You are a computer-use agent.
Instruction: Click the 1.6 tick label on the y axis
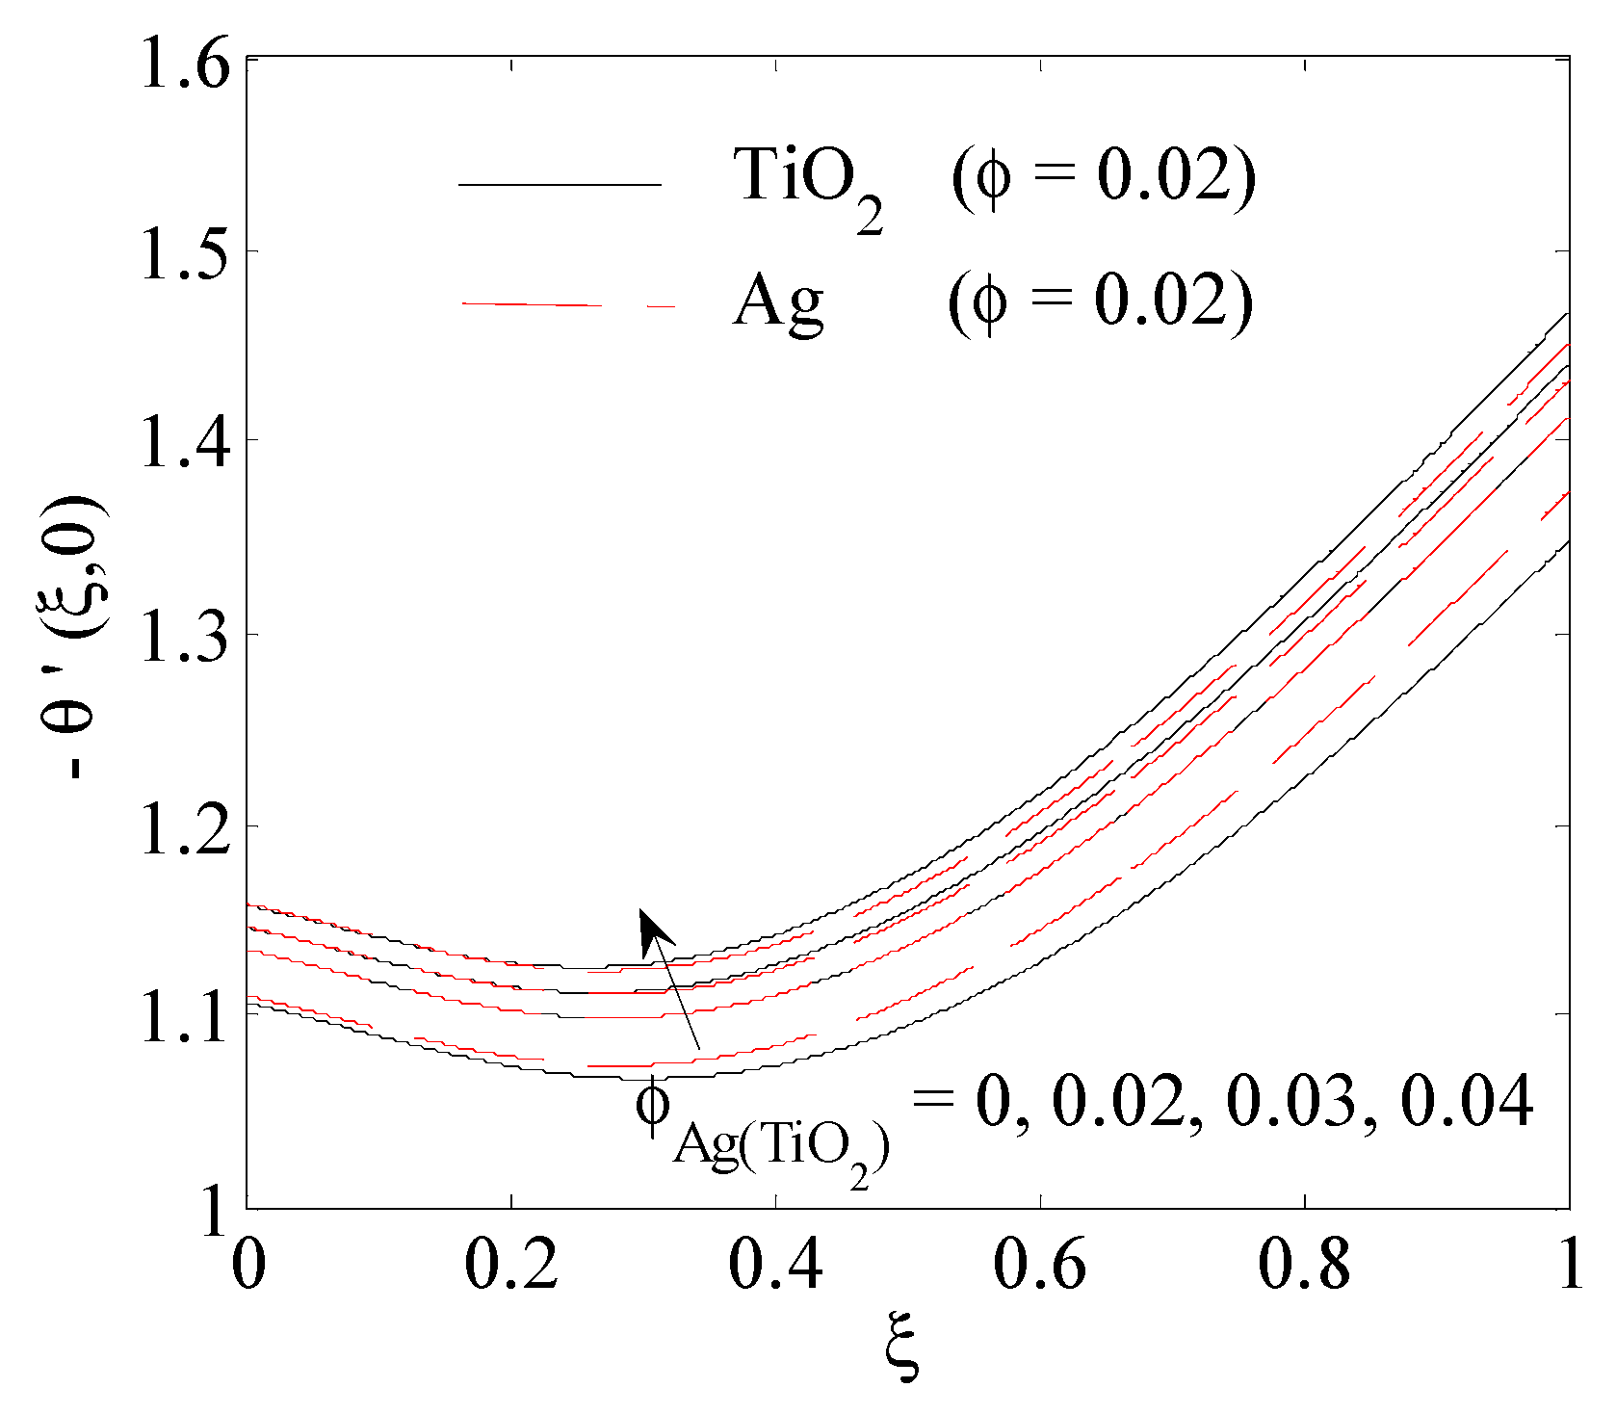(186, 67)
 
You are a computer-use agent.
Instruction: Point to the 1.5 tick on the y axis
(186, 255)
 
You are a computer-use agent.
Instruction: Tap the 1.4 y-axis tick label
(186, 444)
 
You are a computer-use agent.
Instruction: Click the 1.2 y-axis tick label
(186, 828)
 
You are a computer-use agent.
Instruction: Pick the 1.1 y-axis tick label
(186, 1018)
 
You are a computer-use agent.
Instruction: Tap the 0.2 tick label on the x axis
(511, 1264)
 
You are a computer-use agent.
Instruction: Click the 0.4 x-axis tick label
(775, 1264)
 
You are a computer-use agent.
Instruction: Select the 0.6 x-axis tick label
(1040, 1264)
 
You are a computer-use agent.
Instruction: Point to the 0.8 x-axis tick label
(1304, 1264)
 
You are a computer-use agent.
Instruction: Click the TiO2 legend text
(807, 183)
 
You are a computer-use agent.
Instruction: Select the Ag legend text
(778, 302)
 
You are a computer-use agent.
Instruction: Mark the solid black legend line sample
(560, 184)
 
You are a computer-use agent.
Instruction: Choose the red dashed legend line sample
(568, 304)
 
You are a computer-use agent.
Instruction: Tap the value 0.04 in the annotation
(1466, 1100)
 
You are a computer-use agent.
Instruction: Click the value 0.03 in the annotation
(1291, 1100)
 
